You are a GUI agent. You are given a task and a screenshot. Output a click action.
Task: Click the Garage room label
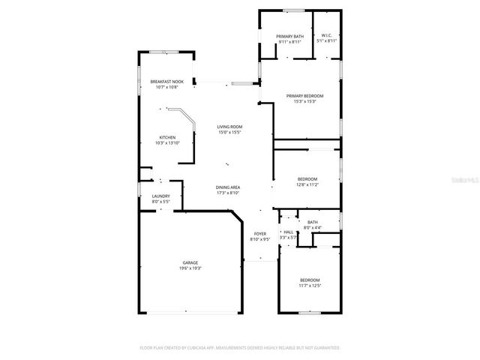(189, 262)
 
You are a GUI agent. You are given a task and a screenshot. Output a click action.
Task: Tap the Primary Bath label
(289, 37)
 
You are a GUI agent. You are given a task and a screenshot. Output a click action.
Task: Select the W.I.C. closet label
(326, 36)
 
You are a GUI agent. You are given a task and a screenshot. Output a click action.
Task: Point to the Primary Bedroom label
(304, 96)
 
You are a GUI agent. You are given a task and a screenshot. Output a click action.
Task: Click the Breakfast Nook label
(166, 81)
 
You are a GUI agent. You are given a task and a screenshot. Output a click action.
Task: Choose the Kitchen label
(166, 137)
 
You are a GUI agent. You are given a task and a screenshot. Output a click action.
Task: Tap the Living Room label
(229, 127)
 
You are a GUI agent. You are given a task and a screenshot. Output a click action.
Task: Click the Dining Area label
(228, 187)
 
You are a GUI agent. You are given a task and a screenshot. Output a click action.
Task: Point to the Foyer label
(259, 234)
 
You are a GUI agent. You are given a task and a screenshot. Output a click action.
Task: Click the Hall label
(288, 232)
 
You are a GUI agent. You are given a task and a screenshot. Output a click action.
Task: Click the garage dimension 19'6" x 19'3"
(189, 268)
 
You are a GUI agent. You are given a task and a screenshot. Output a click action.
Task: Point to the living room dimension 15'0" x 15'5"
(229, 132)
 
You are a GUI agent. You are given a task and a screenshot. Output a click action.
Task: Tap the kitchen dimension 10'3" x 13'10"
(166, 142)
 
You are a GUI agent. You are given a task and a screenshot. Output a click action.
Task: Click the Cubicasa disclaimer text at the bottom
(240, 348)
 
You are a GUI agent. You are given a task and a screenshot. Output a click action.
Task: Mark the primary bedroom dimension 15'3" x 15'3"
(304, 101)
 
